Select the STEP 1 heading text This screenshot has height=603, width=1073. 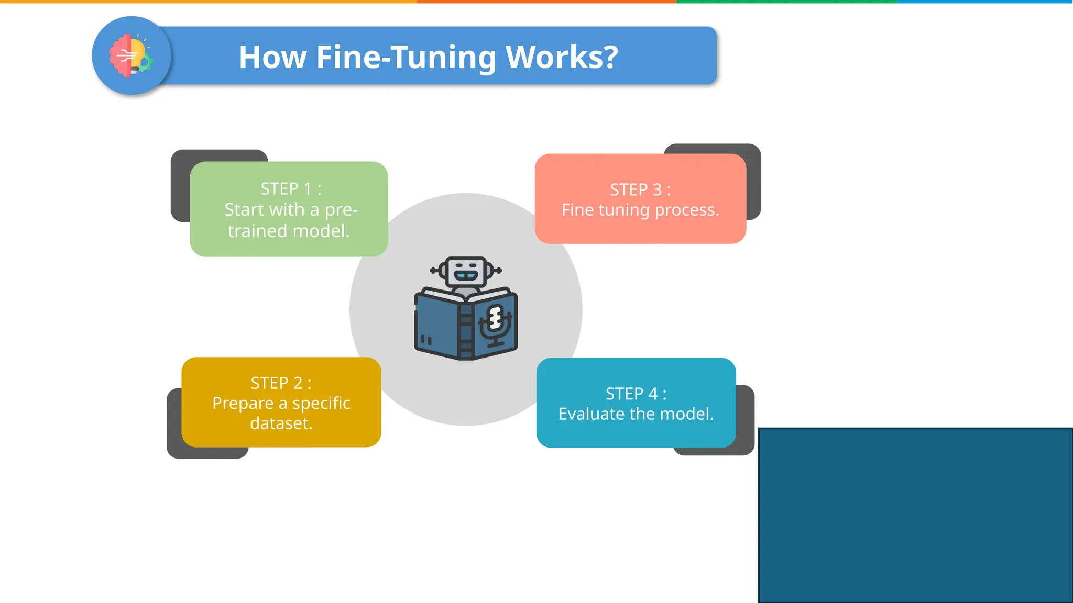coord(291,188)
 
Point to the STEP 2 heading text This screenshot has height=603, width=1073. coord(281,383)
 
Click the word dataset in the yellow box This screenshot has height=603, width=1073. coord(281,423)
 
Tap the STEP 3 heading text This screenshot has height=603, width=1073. coord(640,189)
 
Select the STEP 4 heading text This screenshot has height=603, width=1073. coord(636,394)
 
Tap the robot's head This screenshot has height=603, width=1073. coord(465,271)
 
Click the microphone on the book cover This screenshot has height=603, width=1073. coord(495,322)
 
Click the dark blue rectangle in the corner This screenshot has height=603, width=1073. coord(915,516)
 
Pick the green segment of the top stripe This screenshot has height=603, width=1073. coord(786,2)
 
